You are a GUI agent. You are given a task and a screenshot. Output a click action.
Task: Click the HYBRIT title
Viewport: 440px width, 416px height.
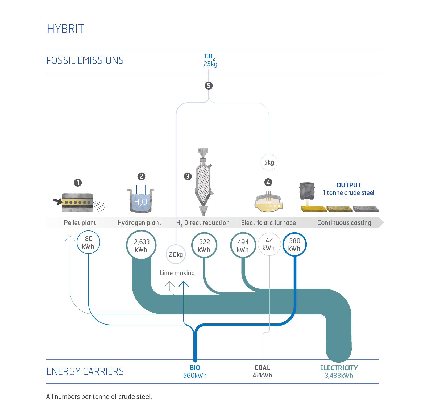(x=65, y=29)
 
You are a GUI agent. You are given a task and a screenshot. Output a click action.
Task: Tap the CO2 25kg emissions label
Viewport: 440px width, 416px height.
(x=210, y=60)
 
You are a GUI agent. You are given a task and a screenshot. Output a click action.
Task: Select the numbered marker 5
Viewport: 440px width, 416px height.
(x=209, y=86)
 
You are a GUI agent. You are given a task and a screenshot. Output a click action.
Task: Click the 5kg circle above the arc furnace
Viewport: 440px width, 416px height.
(x=269, y=162)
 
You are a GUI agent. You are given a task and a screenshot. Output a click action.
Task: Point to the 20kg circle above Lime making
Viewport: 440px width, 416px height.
(x=176, y=254)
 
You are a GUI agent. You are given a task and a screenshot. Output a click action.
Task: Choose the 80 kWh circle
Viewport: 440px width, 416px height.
(x=88, y=242)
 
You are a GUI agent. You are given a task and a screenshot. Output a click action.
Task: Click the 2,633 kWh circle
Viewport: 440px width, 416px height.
(x=141, y=245)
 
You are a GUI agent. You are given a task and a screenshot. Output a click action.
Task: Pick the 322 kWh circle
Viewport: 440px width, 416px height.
(x=204, y=245)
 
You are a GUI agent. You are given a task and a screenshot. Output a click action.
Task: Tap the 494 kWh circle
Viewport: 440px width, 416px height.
(x=243, y=245)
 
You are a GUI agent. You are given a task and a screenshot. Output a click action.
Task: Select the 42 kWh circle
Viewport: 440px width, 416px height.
(x=269, y=244)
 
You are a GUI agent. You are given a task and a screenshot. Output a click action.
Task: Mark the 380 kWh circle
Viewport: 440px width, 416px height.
(x=294, y=244)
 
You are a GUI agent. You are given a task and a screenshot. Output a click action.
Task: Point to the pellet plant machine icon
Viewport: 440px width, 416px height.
(x=77, y=202)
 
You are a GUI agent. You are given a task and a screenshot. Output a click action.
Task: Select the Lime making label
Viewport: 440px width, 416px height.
(x=177, y=273)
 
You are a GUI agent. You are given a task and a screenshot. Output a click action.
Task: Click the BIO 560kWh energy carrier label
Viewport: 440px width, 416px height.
(x=195, y=372)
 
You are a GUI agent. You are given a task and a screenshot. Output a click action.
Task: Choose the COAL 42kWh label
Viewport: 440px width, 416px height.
(x=262, y=371)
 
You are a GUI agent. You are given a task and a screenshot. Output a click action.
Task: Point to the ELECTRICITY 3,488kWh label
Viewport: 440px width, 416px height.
(x=339, y=372)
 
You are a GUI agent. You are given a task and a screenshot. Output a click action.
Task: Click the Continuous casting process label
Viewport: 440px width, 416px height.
(x=344, y=223)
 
